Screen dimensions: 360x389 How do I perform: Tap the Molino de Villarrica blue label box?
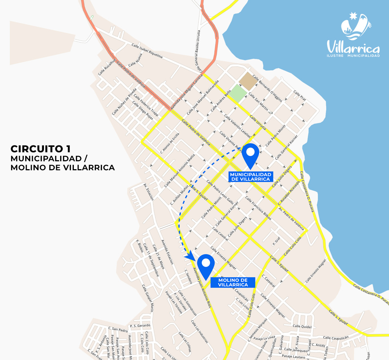pyautogui.click(x=233, y=282)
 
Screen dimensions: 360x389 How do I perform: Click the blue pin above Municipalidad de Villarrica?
pyautogui.click(x=251, y=154)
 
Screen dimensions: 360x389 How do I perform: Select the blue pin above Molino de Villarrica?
pyautogui.click(x=206, y=266)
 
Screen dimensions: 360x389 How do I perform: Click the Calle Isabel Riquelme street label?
pyautogui.click(x=147, y=51)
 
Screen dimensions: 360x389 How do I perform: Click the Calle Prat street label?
pyautogui.click(x=299, y=95)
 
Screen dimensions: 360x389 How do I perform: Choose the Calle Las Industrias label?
pyautogui.click(x=200, y=331)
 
